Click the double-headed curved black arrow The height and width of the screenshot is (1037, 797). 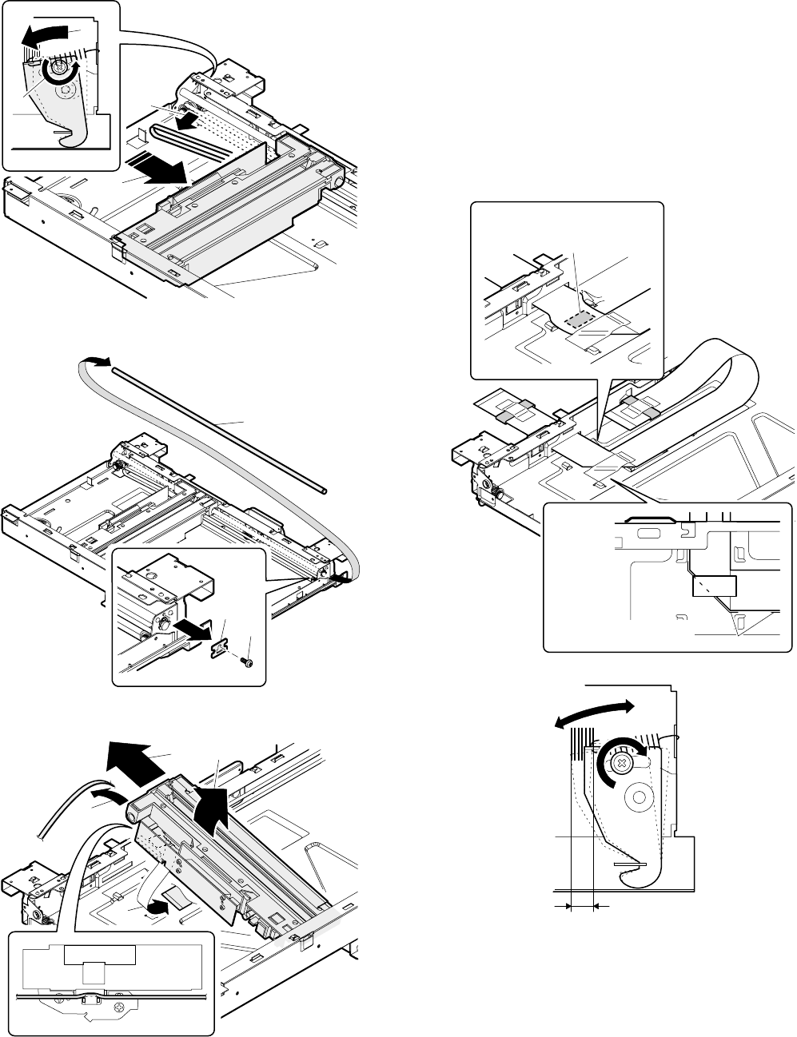click(593, 714)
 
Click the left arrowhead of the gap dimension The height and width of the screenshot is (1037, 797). click(568, 906)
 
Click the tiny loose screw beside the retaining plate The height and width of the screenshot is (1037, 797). click(249, 662)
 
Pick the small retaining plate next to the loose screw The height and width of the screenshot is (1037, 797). click(217, 649)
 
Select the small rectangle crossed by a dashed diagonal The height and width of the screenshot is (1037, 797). click(713, 587)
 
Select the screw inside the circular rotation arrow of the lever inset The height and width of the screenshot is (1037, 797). click(57, 74)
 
